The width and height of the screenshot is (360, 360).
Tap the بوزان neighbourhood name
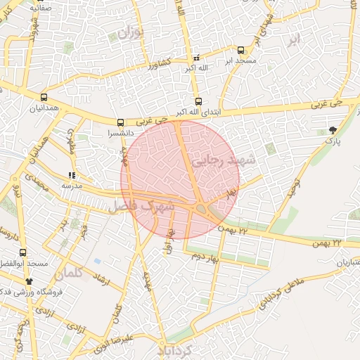(131, 32)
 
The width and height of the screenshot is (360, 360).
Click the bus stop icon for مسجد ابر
(241, 51)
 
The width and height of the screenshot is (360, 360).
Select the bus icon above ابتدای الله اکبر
(198, 101)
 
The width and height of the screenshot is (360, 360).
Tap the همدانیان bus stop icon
(44, 98)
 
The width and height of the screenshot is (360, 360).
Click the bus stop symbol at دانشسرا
(120, 122)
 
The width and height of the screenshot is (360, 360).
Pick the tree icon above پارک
(332, 130)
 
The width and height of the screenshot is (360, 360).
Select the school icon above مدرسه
(71, 175)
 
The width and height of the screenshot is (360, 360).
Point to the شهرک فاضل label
(141, 207)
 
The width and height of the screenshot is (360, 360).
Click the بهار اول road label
(169, 243)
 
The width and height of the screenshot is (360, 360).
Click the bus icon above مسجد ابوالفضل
(23, 252)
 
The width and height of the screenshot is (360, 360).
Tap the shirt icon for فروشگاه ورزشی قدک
(29, 281)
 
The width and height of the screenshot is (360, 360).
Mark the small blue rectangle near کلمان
(96, 261)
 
